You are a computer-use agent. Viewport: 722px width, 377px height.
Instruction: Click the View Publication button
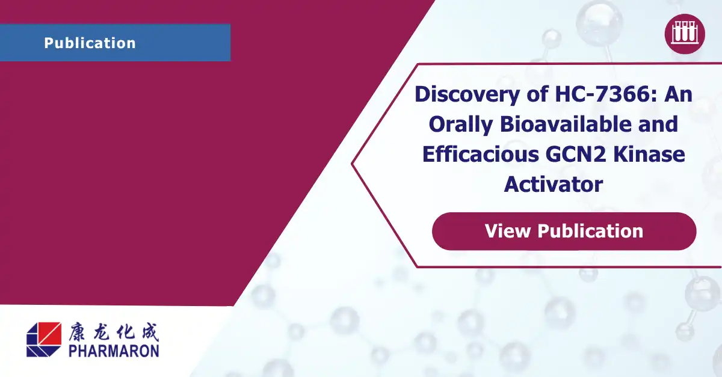click(564, 231)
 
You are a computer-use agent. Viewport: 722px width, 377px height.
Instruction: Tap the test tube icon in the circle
click(685, 34)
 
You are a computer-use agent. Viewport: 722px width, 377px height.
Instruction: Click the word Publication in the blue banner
click(90, 43)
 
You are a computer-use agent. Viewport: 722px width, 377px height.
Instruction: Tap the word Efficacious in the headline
click(480, 154)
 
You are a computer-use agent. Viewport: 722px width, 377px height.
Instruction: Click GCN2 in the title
click(575, 155)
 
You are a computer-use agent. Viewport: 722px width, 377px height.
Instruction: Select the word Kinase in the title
click(649, 154)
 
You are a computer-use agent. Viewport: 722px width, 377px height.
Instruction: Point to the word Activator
click(554, 185)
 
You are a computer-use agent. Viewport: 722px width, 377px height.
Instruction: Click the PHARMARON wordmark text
click(114, 351)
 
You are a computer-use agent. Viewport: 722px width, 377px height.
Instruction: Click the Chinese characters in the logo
click(114, 332)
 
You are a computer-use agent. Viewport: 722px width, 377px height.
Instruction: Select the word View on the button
click(508, 231)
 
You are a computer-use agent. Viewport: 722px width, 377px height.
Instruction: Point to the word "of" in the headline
click(538, 94)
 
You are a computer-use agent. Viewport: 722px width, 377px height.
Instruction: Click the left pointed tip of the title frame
click(352, 164)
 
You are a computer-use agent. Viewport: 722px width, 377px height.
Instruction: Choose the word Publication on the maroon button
click(590, 231)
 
